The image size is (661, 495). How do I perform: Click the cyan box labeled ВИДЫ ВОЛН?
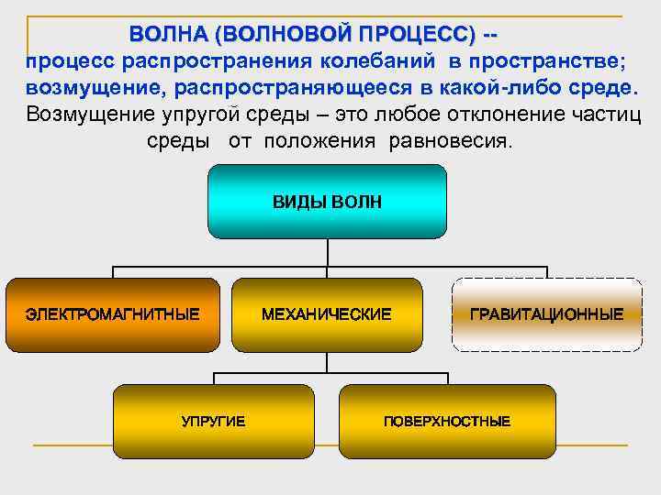point(327,202)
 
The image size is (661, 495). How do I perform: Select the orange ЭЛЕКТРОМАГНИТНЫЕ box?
point(112,314)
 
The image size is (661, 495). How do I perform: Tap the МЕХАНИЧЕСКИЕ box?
point(327,314)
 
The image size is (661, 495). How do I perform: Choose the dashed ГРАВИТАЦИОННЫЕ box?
point(546,314)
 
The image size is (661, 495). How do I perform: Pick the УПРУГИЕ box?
point(213,421)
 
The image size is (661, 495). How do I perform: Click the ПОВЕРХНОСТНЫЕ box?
point(447,421)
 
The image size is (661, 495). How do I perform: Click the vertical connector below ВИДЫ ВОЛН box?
point(327,253)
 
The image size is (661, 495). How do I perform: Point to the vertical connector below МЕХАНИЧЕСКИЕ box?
point(327,363)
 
